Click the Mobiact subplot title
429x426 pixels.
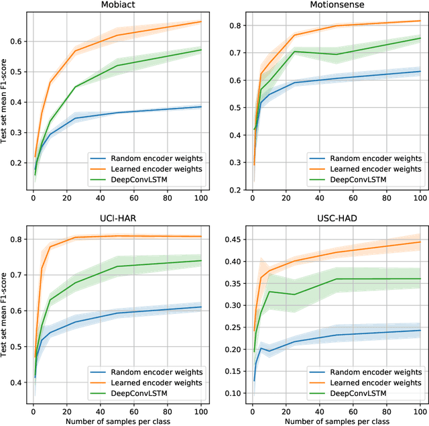pyautogui.click(x=117, y=5)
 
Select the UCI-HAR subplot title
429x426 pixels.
pyautogui.click(x=117, y=219)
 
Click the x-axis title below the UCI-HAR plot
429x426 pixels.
pyautogui.click(x=117, y=421)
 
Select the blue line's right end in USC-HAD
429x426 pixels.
pyautogui.click(x=420, y=330)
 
